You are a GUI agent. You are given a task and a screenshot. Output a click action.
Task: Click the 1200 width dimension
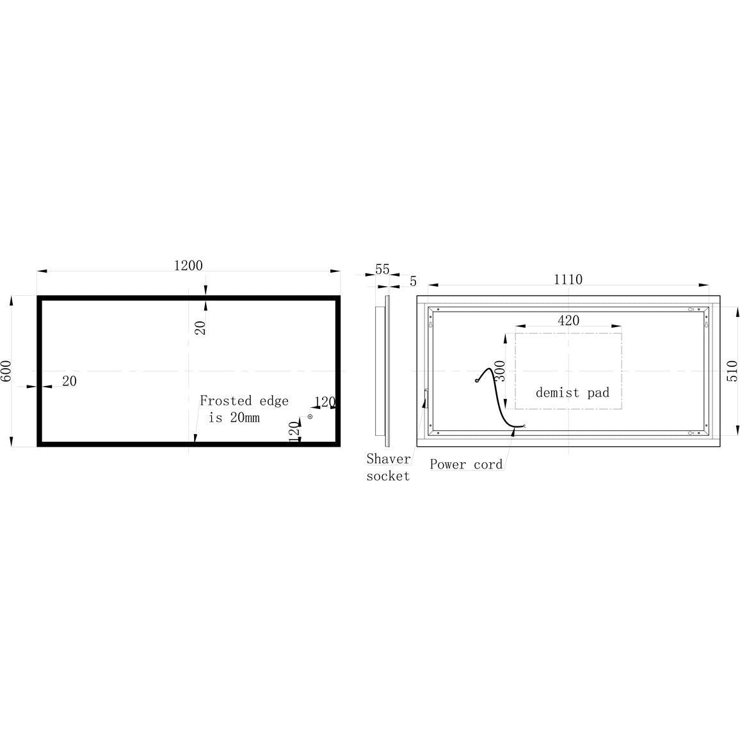188,266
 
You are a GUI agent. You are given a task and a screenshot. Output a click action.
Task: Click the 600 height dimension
6,371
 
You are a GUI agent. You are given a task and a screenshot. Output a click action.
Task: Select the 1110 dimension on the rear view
568,279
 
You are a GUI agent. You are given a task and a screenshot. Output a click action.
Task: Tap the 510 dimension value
732,371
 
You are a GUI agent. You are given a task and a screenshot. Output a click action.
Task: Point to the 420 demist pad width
568,321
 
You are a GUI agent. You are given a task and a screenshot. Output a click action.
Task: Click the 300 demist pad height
500,371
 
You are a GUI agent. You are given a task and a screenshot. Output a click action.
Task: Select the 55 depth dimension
382,269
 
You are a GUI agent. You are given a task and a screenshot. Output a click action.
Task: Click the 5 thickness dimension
414,281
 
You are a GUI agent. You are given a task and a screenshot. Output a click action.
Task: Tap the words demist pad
572,392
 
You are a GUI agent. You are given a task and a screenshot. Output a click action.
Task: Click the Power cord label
466,464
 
